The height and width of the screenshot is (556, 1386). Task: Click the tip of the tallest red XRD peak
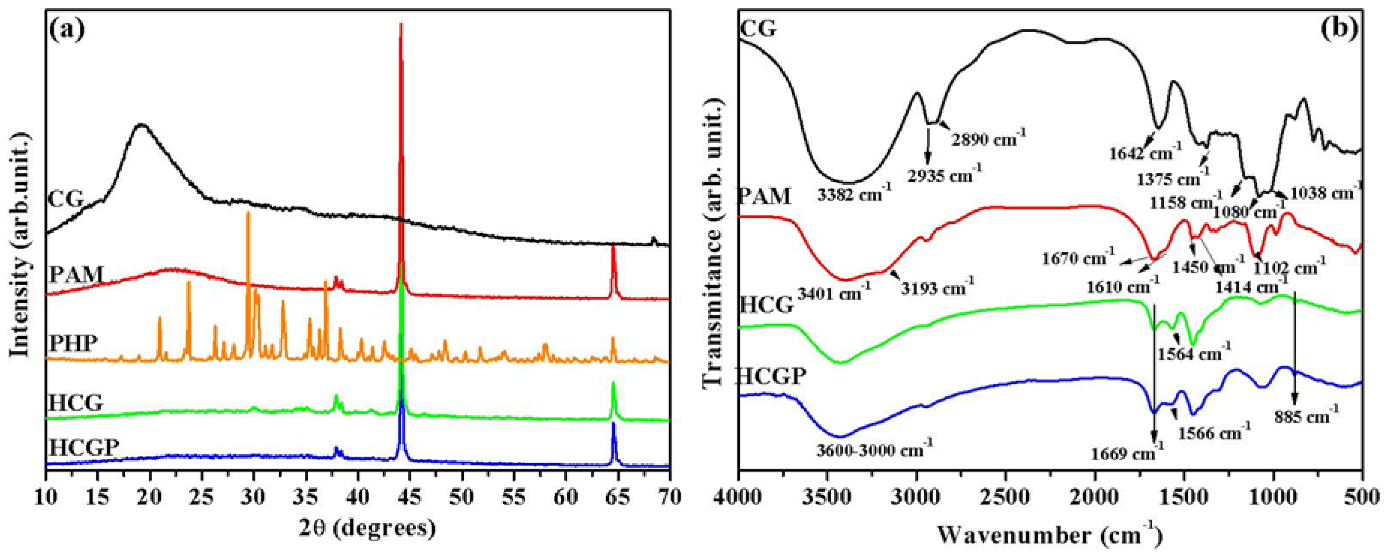(401, 24)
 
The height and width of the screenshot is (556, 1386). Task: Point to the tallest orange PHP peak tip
(248, 212)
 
